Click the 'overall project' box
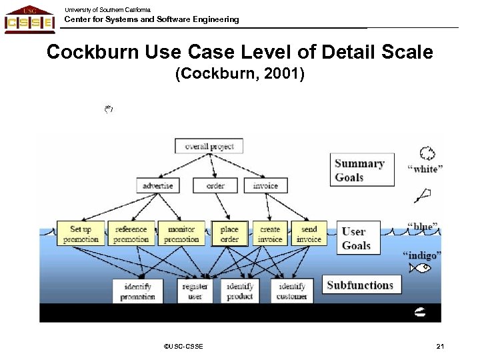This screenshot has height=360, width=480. coord(209,145)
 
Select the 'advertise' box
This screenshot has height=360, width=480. coord(158,185)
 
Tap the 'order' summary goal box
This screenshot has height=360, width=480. coord(215,185)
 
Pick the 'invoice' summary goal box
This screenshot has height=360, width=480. coord(265,185)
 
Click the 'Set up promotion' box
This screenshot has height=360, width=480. coord(81,234)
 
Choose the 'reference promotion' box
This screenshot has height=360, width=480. coord(131,234)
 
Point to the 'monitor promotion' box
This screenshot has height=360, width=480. coord(181,234)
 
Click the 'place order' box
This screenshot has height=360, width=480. coord(229,234)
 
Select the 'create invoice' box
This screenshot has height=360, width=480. coord(270,234)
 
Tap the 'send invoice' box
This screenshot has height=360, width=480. coord(309,234)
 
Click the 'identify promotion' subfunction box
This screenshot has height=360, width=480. coord(138,291)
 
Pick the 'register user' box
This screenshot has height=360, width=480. coord(195,291)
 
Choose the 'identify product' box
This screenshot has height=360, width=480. coord(240,291)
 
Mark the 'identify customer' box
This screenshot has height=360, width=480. coord(292,291)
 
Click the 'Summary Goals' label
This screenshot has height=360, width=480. coord(359,171)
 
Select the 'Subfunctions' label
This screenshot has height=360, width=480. coord(361,285)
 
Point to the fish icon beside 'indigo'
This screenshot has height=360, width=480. coord(421,268)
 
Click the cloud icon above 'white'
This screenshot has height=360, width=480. coord(427,153)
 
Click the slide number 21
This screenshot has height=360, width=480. coord(440,346)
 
